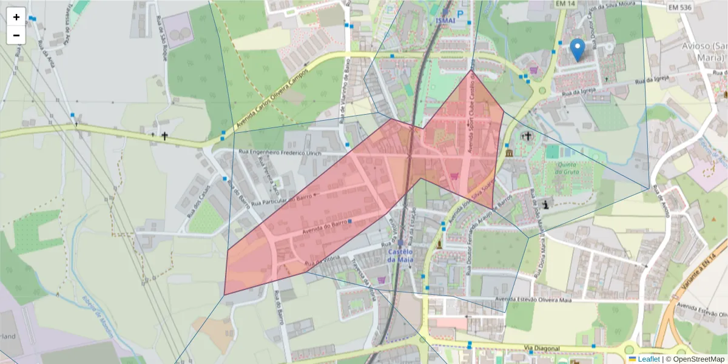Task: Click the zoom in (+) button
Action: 16,17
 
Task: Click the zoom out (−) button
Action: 16,35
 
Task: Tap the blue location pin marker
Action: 578,49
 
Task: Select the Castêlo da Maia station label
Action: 401,255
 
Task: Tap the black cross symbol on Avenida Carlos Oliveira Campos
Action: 164,136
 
